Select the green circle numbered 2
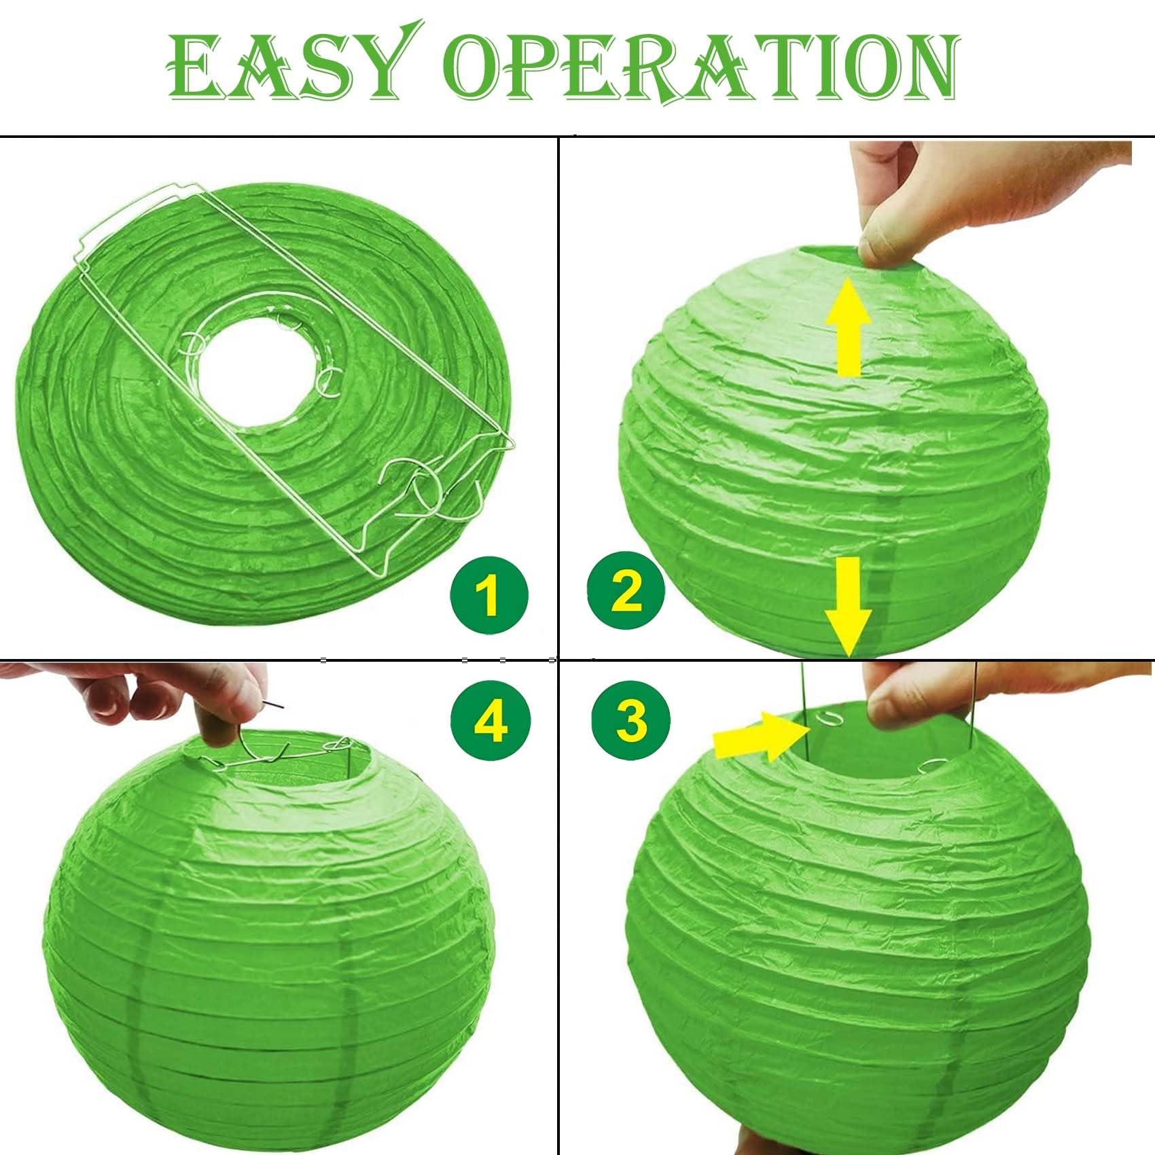[626, 590]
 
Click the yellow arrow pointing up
[848, 328]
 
